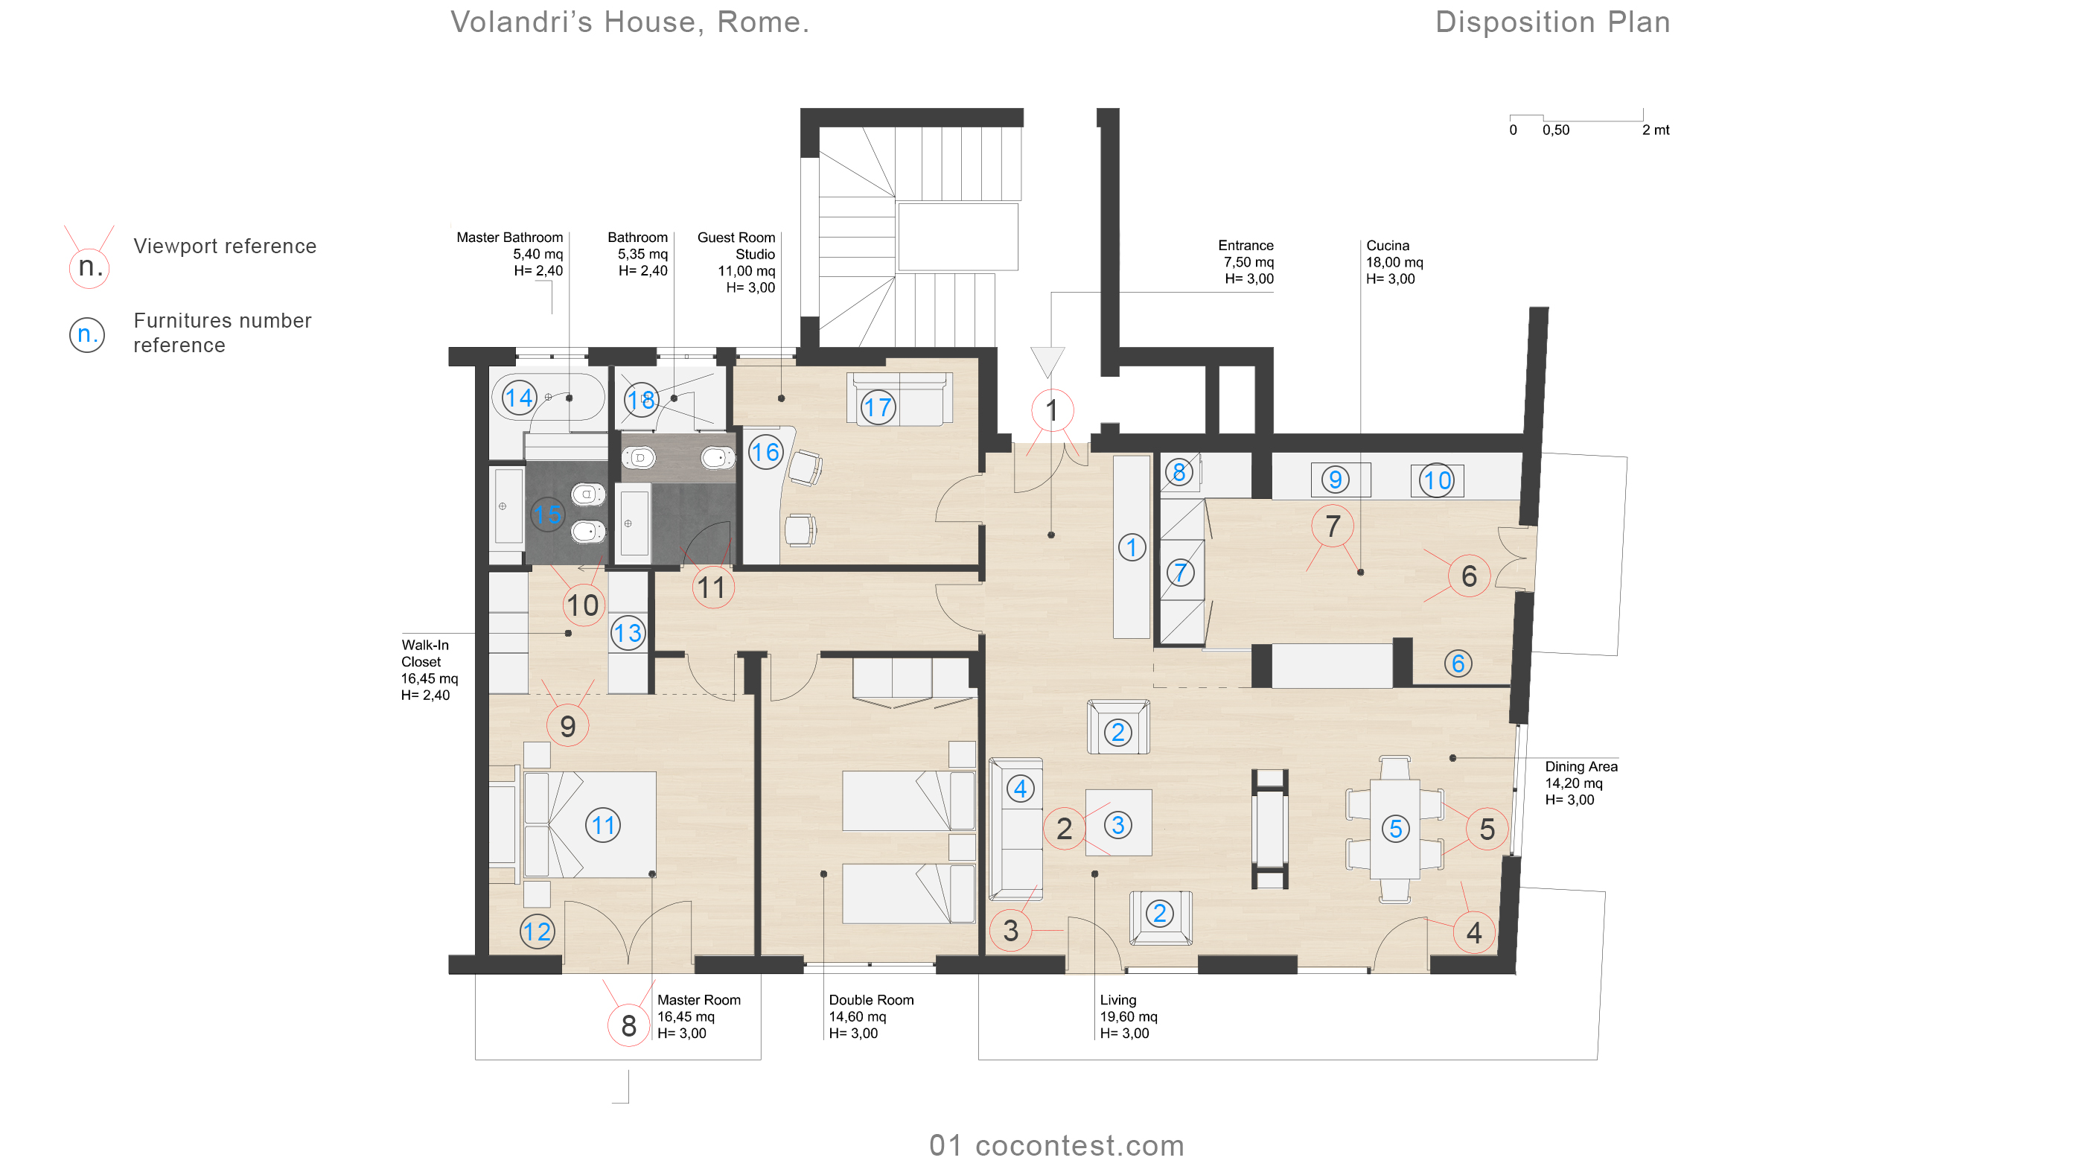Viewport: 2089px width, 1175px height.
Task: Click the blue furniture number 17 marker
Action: (x=878, y=407)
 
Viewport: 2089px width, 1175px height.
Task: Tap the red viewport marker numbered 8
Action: (x=628, y=1026)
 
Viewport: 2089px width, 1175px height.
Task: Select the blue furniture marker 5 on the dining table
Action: (x=1396, y=829)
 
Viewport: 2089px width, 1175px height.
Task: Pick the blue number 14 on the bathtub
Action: (x=519, y=398)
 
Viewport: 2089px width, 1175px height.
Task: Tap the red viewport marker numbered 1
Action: (x=1052, y=410)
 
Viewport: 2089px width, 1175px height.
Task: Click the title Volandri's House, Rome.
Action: (x=630, y=22)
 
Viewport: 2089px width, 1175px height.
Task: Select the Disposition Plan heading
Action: (x=1553, y=22)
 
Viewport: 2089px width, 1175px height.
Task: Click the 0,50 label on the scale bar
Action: (x=1555, y=130)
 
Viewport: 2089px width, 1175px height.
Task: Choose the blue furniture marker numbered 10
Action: (x=1437, y=481)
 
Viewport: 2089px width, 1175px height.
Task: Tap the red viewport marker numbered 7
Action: (x=1333, y=526)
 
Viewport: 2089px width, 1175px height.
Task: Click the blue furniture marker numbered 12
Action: (x=537, y=932)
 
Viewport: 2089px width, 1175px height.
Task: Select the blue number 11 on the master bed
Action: (x=602, y=826)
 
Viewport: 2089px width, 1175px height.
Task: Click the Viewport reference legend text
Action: (x=225, y=246)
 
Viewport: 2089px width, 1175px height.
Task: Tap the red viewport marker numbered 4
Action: (x=1474, y=932)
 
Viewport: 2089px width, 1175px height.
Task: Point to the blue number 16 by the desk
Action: (x=765, y=452)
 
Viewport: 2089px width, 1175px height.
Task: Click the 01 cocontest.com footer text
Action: (x=1056, y=1146)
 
